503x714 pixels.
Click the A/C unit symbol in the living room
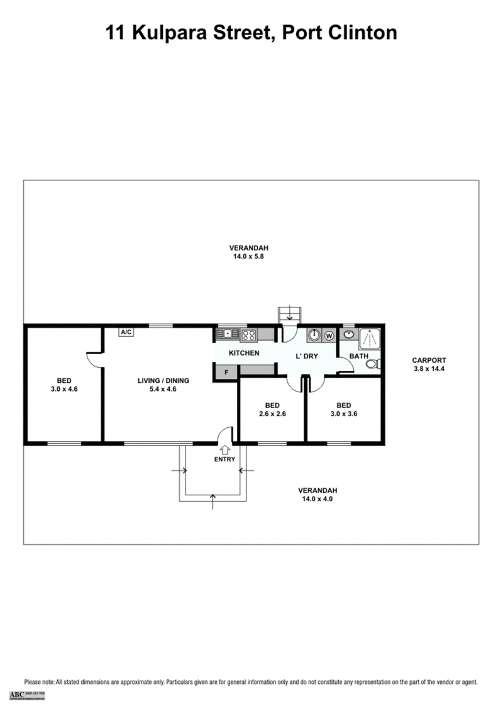pyautogui.click(x=126, y=332)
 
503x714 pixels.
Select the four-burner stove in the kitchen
pyautogui.click(x=248, y=335)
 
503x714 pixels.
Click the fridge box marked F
pyautogui.click(x=226, y=371)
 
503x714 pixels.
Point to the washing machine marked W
pyautogui.click(x=329, y=336)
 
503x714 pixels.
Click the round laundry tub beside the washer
pyautogui.click(x=314, y=335)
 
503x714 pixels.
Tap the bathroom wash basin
pyautogui.click(x=348, y=334)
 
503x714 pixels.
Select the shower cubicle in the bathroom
pyautogui.click(x=370, y=338)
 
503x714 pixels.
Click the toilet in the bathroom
pyautogui.click(x=375, y=363)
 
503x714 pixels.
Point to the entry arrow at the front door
pyautogui.click(x=224, y=449)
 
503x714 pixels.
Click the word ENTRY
pyautogui.click(x=224, y=459)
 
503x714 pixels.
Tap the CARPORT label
pyautogui.click(x=429, y=360)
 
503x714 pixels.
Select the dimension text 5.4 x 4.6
pyautogui.click(x=163, y=389)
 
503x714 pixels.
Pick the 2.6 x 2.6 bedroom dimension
pyautogui.click(x=272, y=414)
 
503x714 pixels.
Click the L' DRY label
pyautogui.click(x=307, y=356)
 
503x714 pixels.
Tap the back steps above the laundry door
pyautogui.click(x=290, y=314)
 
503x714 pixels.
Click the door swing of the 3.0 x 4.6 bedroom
pyautogui.click(x=94, y=360)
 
